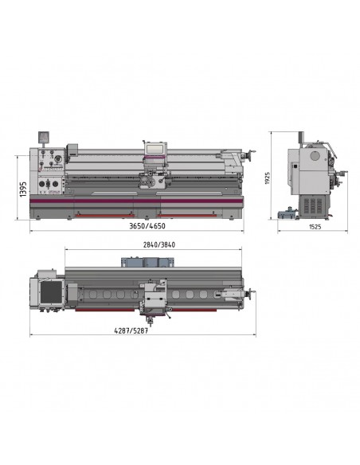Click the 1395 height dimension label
tap(23, 190)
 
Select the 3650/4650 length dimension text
tap(147, 226)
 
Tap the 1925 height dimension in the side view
tap(267, 178)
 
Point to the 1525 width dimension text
tap(315, 227)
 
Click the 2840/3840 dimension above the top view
tap(159, 245)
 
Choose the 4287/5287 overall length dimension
tap(131, 330)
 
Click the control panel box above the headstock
tap(44, 137)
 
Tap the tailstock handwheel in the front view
tap(252, 154)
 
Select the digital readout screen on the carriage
tap(155, 149)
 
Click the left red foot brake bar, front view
tap(104, 216)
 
